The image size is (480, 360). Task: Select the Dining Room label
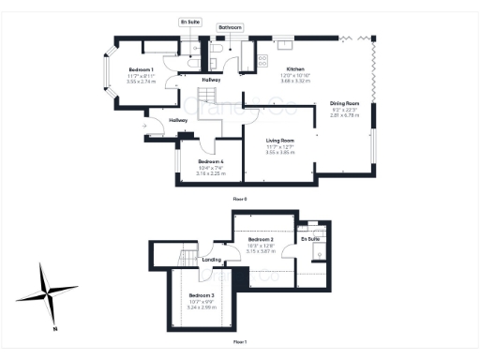point(345,104)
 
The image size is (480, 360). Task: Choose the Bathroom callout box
point(231,28)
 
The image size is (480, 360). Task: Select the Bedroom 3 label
point(202,296)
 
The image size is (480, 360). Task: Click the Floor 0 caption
point(240,200)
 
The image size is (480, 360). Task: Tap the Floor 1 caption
point(240,342)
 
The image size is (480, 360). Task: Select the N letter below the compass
point(55,328)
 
